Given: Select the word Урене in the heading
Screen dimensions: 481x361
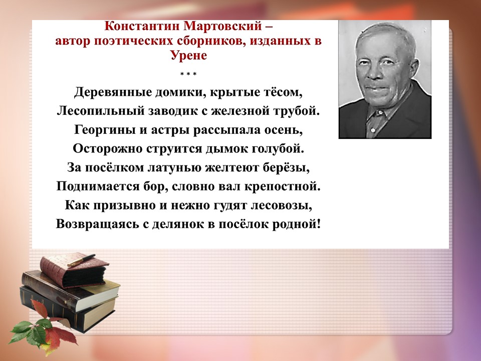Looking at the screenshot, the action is tap(189, 55).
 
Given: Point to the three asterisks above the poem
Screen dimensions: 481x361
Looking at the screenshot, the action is tap(188, 74).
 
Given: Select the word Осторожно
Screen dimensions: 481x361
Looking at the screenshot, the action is tap(107, 148).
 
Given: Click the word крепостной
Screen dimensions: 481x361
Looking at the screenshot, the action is tap(282, 187).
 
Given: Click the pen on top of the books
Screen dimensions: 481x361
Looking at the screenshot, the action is tap(82, 260).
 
